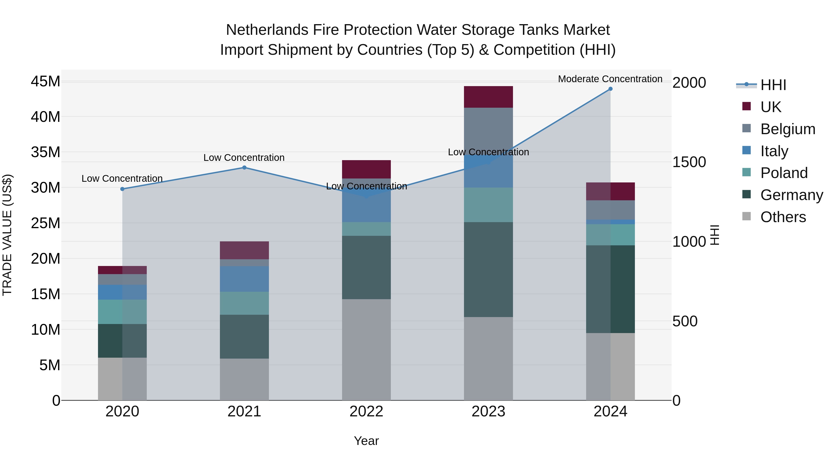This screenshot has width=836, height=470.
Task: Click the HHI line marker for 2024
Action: tap(610, 89)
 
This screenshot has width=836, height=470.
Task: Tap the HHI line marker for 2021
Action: tap(244, 168)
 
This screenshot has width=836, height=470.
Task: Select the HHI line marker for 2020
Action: tap(122, 189)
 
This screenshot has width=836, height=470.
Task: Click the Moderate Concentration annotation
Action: tap(610, 79)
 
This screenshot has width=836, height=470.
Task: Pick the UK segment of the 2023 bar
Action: tap(488, 97)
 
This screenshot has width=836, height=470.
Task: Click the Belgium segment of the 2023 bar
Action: tap(488, 130)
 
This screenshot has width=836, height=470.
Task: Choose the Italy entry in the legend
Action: tap(774, 151)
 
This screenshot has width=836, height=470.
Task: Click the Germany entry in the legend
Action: tap(792, 195)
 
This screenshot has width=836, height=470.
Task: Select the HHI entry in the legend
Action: tap(773, 85)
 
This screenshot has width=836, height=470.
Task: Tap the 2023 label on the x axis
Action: tap(488, 412)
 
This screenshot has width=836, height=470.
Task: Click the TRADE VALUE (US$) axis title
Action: tap(7, 235)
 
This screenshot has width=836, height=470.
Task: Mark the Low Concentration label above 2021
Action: tap(244, 158)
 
